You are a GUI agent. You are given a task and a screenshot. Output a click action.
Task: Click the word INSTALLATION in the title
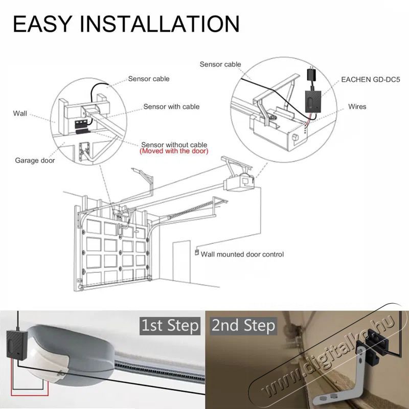pos(160,24)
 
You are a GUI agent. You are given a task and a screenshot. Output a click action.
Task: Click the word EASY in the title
pos(42,24)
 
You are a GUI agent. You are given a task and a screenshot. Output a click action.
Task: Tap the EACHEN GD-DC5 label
pos(370,80)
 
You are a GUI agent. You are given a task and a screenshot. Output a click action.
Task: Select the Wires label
pos(357,106)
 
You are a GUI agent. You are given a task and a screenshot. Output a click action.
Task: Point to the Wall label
pos(20,113)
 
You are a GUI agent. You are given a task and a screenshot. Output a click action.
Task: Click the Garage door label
pos(35,160)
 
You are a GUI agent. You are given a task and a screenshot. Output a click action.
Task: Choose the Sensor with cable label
pos(171,106)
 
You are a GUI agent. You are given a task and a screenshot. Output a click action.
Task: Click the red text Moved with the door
pos(174,151)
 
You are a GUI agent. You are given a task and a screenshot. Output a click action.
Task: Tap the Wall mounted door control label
pos(242,254)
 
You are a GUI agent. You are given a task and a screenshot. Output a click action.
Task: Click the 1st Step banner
pos(170,326)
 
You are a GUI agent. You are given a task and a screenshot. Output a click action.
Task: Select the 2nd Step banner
pos(243,326)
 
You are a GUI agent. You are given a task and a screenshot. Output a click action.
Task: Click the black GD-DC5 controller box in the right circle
pos(313,101)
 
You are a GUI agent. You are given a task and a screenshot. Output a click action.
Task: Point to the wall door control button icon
pos(197,253)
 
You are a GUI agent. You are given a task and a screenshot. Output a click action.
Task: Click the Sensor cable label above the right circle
pos(220,64)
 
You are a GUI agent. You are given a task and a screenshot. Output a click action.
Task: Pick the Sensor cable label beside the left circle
pos(149,79)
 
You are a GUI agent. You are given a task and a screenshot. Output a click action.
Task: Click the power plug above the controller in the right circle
pos(312,74)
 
